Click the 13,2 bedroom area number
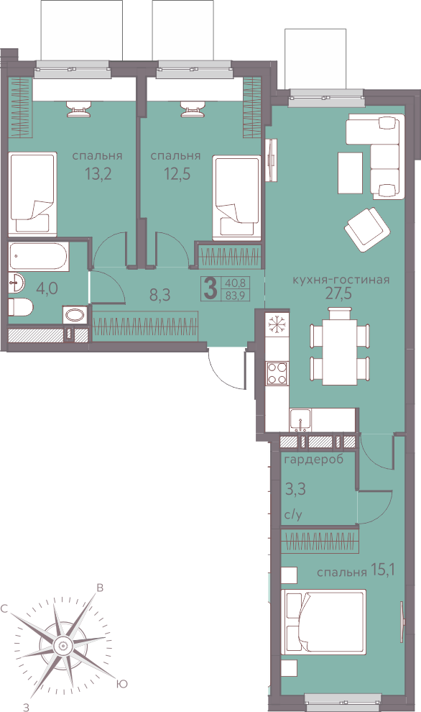click(x=98, y=173)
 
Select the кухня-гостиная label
click(x=341, y=280)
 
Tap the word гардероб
click(x=314, y=460)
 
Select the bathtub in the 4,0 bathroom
click(x=39, y=257)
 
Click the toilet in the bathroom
click(x=20, y=308)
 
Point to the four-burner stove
click(x=277, y=373)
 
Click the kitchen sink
click(x=300, y=419)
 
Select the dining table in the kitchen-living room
click(x=339, y=346)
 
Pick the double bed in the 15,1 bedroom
click(x=323, y=622)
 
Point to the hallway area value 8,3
click(x=159, y=296)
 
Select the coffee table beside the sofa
click(x=350, y=173)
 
